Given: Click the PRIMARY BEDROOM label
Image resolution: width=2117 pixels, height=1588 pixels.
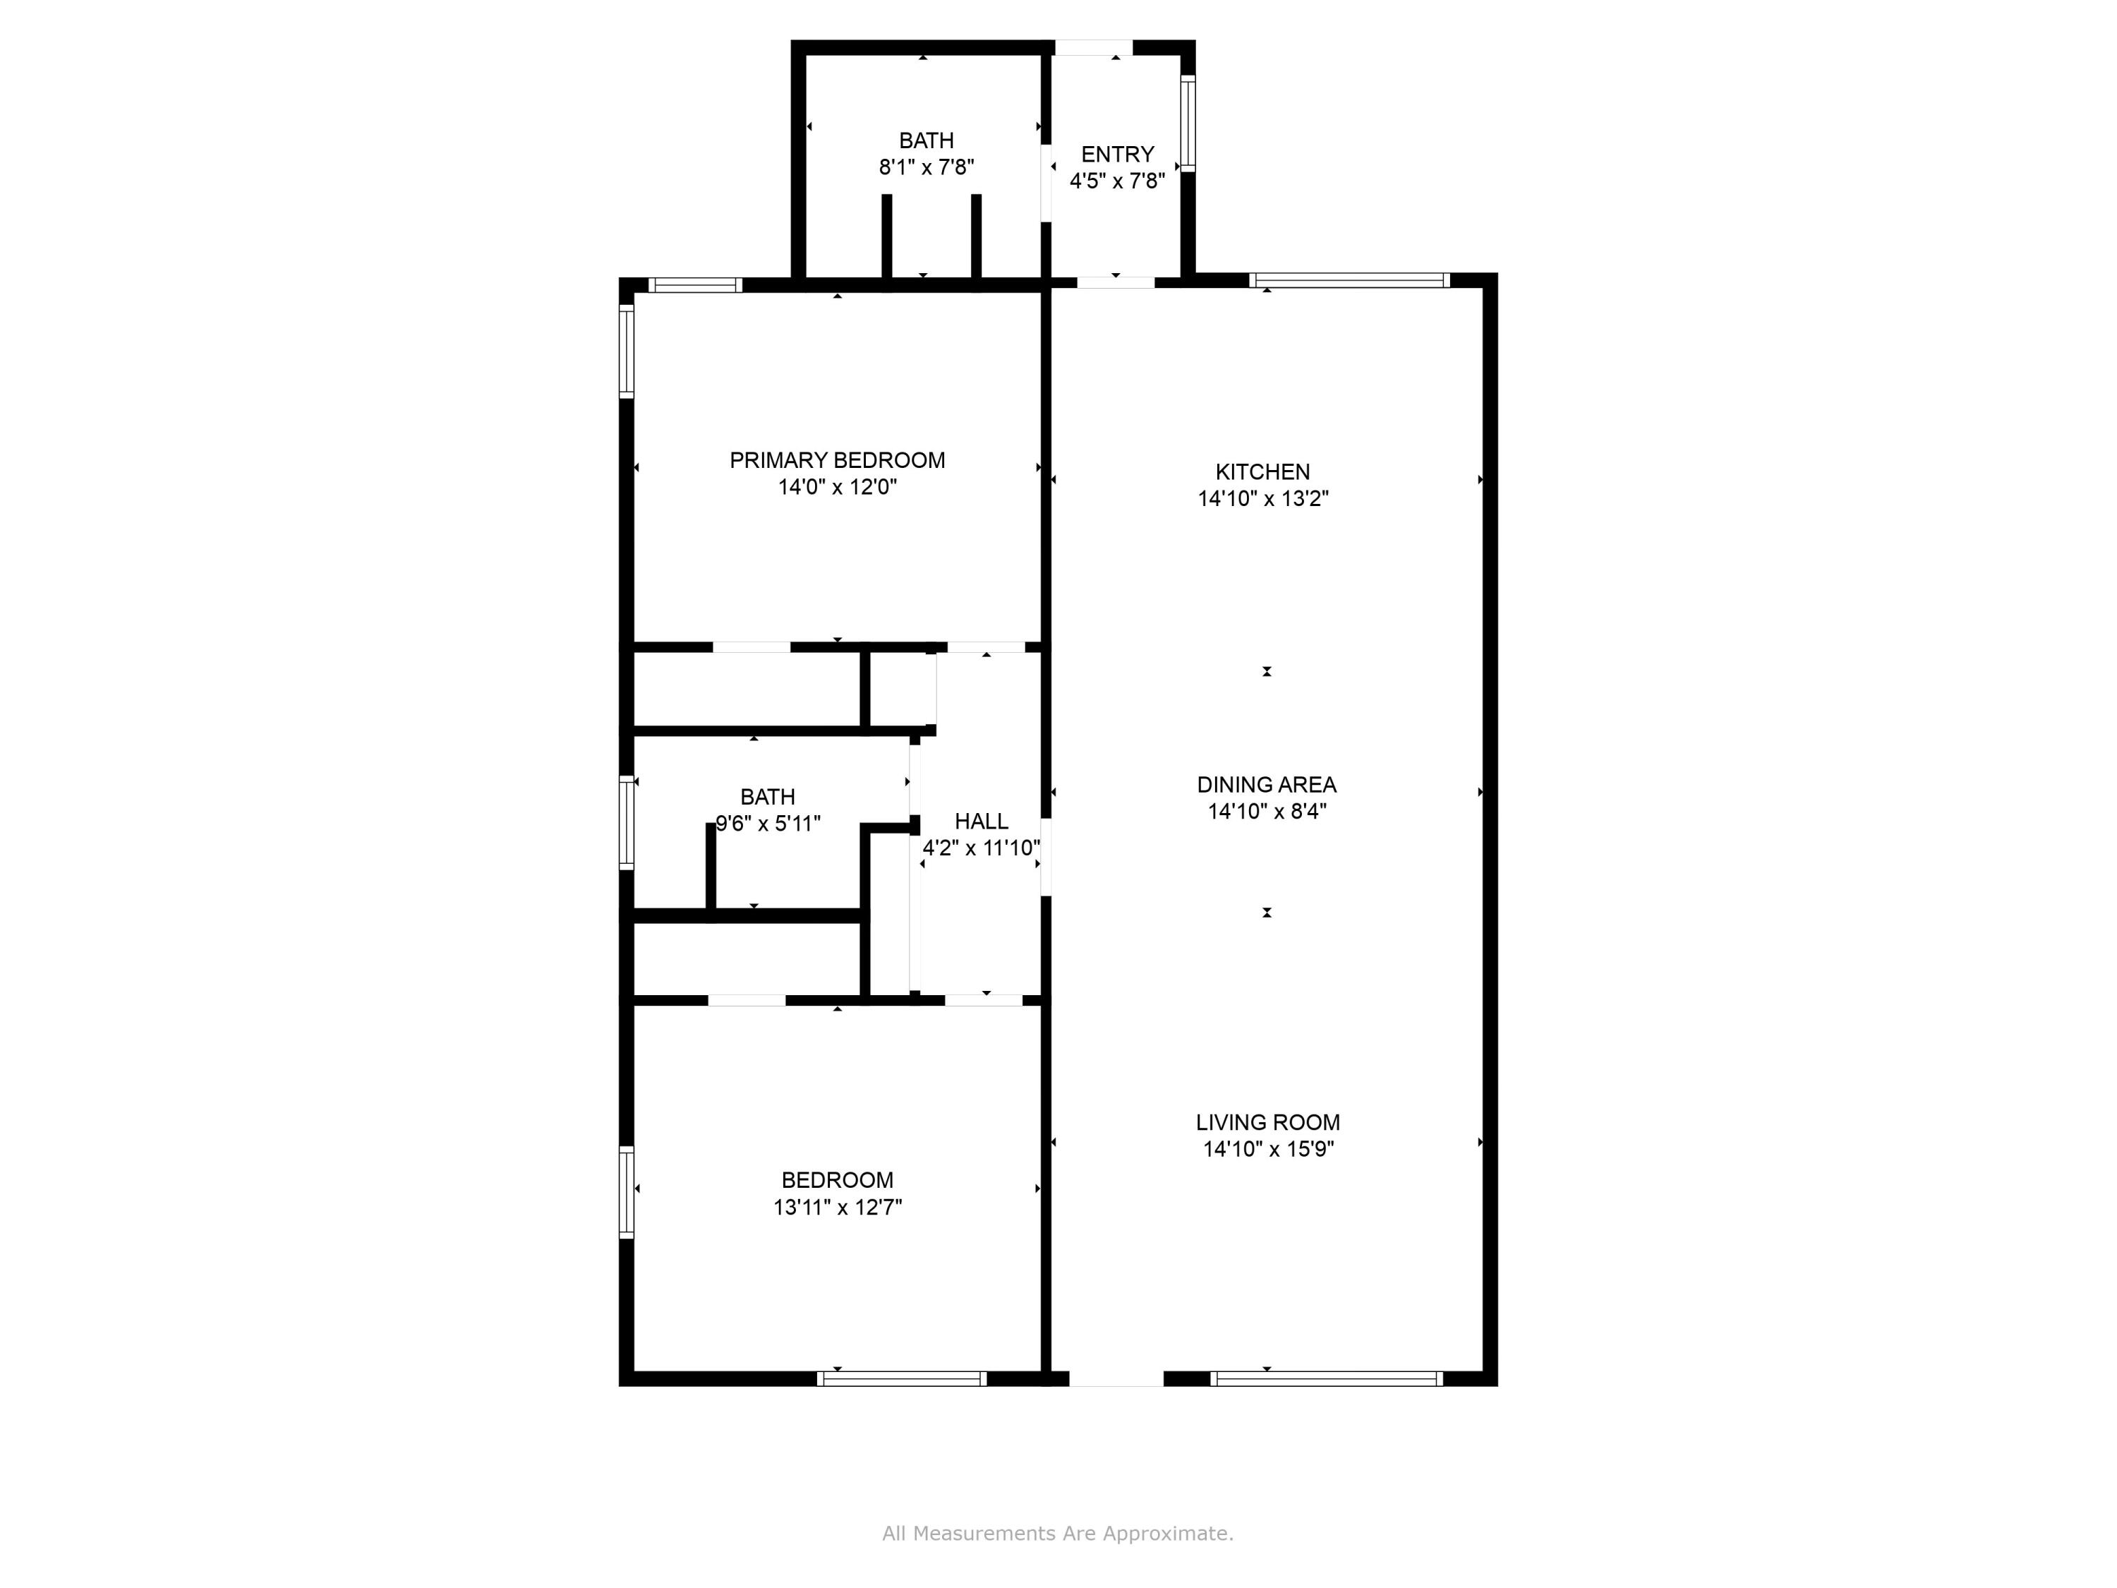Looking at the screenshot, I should click(x=838, y=460).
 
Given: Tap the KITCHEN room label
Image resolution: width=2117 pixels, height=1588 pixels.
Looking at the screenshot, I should click(x=1262, y=472).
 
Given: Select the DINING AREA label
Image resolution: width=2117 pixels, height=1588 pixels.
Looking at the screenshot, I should click(x=1266, y=785).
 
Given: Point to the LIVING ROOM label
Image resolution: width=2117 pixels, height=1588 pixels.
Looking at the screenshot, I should click(x=1267, y=1122).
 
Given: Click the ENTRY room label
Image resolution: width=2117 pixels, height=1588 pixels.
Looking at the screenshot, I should click(x=1117, y=154).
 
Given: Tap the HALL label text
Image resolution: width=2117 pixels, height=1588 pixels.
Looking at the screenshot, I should click(x=981, y=822).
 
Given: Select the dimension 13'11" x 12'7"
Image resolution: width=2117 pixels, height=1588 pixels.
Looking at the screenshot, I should click(x=838, y=1207).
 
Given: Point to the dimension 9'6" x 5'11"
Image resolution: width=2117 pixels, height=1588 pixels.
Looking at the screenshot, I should click(x=768, y=823).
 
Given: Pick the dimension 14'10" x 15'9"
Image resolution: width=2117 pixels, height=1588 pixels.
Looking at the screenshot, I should click(x=1268, y=1148).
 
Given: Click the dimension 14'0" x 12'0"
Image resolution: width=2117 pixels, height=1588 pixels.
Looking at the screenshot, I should click(x=838, y=487).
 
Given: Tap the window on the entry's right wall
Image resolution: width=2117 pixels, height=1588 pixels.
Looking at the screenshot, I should click(x=1188, y=124).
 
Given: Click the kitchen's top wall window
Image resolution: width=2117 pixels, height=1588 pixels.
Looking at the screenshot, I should click(x=1349, y=280).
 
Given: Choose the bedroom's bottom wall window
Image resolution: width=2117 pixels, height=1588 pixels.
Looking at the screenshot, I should click(x=902, y=1378).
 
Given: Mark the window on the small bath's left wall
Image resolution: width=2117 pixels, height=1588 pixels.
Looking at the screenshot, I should click(x=627, y=823).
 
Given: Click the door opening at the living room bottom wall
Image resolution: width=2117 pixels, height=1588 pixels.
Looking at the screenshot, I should click(x=1116, y=1378).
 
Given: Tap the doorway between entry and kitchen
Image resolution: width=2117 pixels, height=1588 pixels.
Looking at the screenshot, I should click(x=1116, y=282).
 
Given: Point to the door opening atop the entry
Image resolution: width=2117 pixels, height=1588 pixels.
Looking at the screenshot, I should click(x=1094, y=47).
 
